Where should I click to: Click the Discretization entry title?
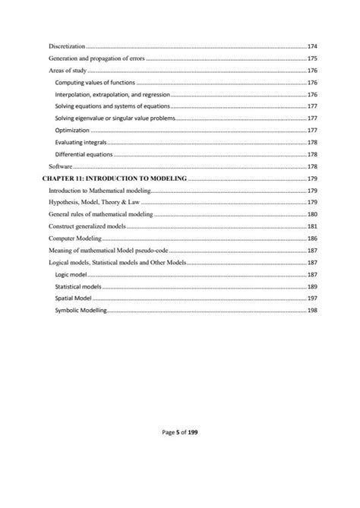67,46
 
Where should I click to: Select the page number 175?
312,58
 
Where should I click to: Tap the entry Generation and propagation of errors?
96,58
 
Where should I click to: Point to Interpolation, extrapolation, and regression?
112,95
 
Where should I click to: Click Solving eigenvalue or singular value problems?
115,118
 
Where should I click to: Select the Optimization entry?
72,131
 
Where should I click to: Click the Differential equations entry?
84,154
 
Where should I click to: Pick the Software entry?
60,166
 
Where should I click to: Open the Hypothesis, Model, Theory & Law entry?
94,203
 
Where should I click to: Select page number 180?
312,215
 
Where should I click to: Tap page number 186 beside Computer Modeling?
312,238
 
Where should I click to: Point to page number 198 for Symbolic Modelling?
312,311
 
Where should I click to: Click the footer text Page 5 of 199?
180,433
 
